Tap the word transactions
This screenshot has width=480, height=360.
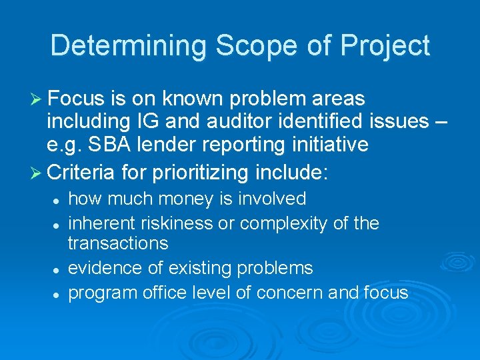[x=118, y=244]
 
